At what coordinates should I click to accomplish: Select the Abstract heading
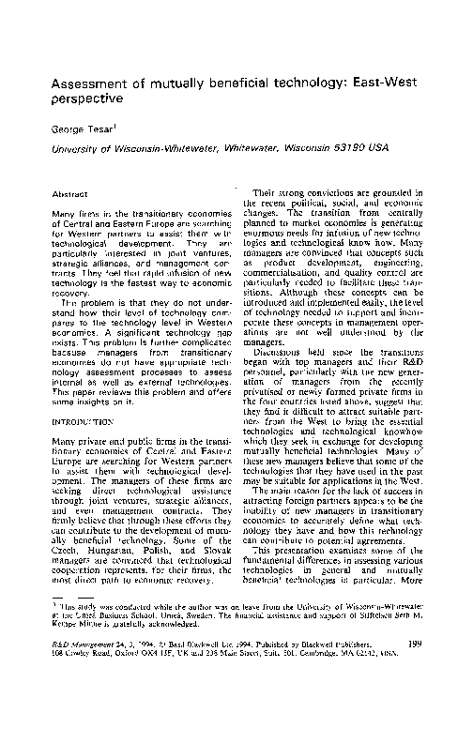(x=69, y=194)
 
